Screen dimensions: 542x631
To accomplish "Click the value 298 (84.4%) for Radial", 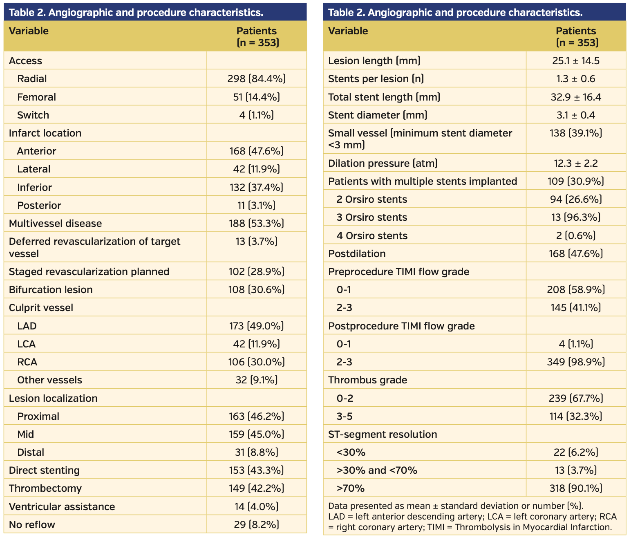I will [x=256, y=78].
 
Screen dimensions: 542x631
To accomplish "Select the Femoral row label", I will [x=36, y=97].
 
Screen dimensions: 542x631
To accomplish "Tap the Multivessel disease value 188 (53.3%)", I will [x=256, y=223].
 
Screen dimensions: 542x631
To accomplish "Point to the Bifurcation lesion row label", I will [x=51, y=289].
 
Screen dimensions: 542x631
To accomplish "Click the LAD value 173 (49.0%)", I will [x=256, y=326].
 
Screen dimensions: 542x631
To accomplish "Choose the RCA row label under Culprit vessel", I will [x=27, y=362].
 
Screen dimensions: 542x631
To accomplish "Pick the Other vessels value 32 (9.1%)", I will [x=256, y=380].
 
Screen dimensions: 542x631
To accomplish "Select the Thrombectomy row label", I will [x=45, y=488].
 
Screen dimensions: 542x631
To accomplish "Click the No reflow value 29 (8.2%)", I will [x=256, y=524].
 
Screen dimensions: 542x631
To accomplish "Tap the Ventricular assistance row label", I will [x=62, y=506].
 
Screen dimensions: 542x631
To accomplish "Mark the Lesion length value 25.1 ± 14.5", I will [x=576, y=61].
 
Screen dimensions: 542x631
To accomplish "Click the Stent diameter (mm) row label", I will [x=377, y=115].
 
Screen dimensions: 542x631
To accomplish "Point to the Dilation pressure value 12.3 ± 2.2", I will [x=576, y=163].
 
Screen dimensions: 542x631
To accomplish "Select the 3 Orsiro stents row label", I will [x=371, y=217].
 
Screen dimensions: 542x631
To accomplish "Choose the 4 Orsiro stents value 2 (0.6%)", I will [x=576, y=235].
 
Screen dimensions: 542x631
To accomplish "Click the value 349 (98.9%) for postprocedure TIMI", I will [x=576, y=362].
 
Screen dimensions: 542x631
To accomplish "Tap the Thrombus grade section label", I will [x=367, y=380].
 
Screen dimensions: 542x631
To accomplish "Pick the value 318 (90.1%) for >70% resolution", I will [x=576, y=488].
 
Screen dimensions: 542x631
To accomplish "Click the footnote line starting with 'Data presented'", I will [x=455, y=506].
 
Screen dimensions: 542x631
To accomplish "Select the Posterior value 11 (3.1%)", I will [x=256, y=205].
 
